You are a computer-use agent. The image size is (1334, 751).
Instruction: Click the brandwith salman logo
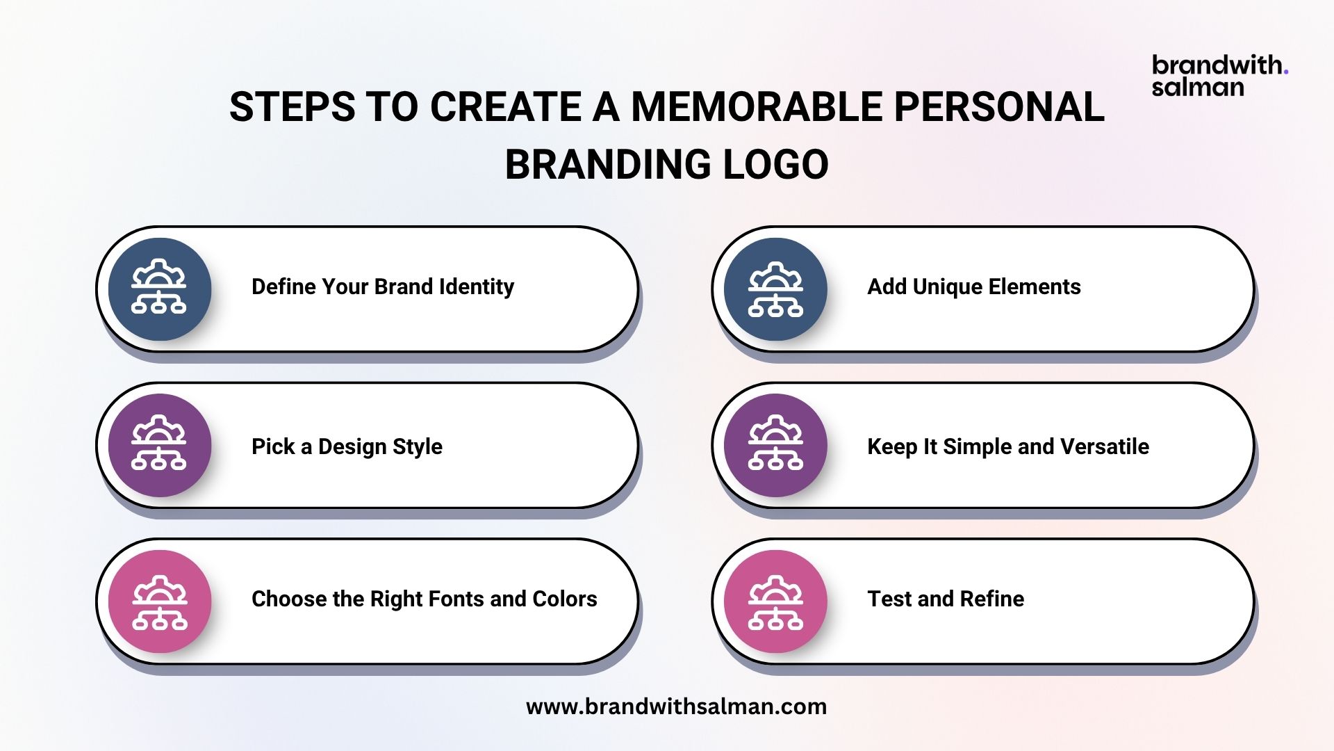(1220, 76)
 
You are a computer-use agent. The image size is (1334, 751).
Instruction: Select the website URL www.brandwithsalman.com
(676, 706)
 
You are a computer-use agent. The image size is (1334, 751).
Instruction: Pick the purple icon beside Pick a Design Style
(160, 445)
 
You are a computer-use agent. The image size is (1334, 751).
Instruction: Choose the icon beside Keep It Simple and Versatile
(775, 445)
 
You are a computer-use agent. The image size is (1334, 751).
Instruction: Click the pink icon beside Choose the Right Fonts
(160, 601)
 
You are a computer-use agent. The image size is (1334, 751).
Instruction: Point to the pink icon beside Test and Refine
(775, 601)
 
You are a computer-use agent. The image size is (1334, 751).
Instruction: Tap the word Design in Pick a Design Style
(352, 446)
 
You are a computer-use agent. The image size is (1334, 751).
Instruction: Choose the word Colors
(565, 599)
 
